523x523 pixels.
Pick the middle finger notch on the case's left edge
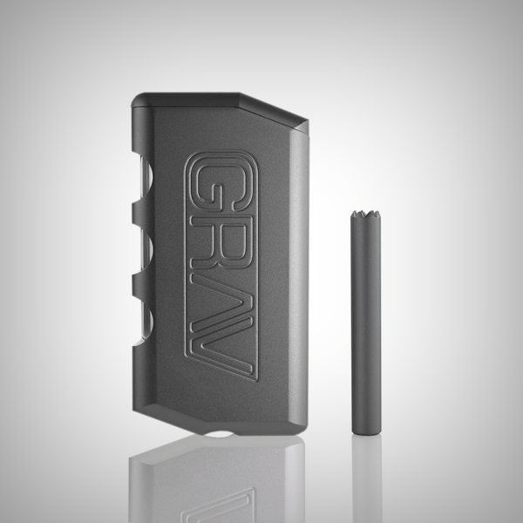click(x=144, y=253)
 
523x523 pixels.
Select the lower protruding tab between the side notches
click(x=139, y=288)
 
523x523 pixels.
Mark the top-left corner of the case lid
click(x=139, y=93)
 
